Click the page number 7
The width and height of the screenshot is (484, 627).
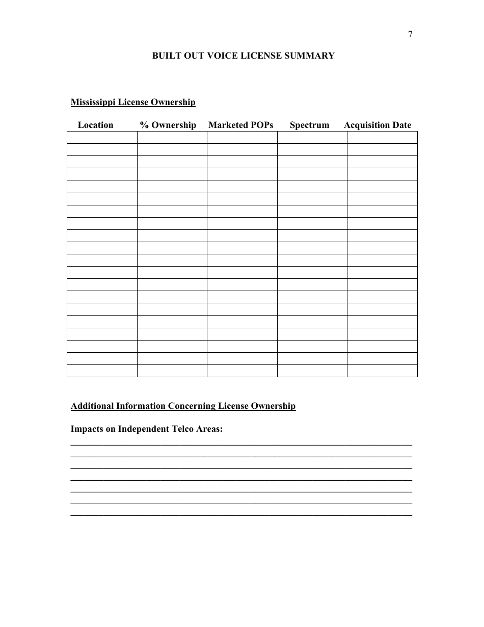pos(411,35)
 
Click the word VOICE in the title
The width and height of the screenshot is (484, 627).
pos(223,56)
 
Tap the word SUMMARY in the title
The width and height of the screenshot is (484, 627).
pos(312,56)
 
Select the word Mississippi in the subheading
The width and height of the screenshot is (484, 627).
pos(93,102)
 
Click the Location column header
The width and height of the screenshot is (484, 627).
pos(95,125)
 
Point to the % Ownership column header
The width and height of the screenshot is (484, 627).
pos(168,125)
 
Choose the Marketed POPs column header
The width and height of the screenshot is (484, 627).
pos(241,125)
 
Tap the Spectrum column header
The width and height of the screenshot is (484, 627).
pos(309,125)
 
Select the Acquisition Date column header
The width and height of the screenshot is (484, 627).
pos(378,125)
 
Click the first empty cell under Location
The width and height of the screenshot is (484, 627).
pos(102,137)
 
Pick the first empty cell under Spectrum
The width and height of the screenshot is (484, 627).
pos(312,137)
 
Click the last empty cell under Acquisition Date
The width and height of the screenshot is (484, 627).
pos(382,371)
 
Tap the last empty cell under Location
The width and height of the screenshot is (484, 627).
pos(102,371)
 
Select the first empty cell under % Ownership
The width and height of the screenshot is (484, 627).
pos(172,137)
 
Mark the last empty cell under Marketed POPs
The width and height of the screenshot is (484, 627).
pos(242,371)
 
